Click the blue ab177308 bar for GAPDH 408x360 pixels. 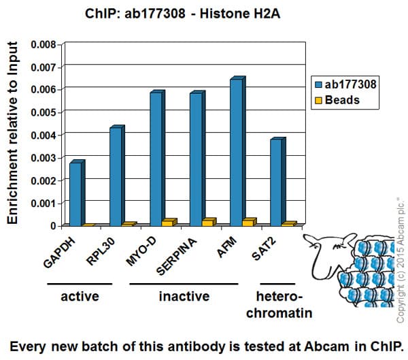pyautogui.click(x=75, y=194)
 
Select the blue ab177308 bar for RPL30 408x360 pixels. pyautogui.click(x=116, y=176)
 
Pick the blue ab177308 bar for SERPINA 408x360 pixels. pyautogui.click(x=196, y=159)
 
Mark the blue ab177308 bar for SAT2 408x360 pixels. pyautogui.click(x=276, y=182)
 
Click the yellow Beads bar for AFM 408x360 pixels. pyautogui.click(x=249, y=222)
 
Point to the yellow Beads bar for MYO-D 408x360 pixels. pyautogui.click(x=169, y=222)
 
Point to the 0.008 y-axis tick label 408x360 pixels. pyautogui.click(x=43, y=45)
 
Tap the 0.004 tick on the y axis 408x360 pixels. pyautogui.click(x=43, y=135)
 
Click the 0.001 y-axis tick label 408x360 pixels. pyautogui.click(x=43, y=203)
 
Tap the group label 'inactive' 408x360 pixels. pyautogui.click(x=184, y=296)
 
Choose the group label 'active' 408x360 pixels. pyautogui.click(x=80, y=296)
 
